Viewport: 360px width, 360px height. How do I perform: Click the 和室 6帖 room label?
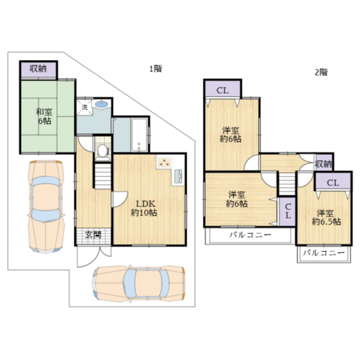pyautogui.click(x=44, y=116)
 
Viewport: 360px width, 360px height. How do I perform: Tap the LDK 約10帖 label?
pyautogui.click(x=144, y=208)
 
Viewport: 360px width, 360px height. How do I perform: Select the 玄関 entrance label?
pyautogui.click(x=93, y=235)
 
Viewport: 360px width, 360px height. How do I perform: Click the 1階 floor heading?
pyautogui.click(x=155, y=68)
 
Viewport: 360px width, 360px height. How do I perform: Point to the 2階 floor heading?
pyautogui.click(x=321, y=73)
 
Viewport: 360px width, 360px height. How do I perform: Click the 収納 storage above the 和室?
pyautogui.click(x=38, y=70)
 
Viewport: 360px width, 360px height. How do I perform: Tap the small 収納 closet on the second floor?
pyautogui.click(x=323, y=164)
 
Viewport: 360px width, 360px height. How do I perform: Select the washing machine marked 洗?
pyautogui.click(x=85, y=107)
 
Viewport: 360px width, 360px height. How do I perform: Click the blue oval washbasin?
pyautogui.click(x=101, y=104)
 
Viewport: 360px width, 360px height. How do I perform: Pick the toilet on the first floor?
pyautogui.click(x=103, y=152)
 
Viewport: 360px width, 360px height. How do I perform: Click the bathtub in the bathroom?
pyautogui.click(x=139, y=135)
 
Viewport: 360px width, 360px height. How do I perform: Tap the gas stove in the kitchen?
pyautogui.click(x=164, y=163)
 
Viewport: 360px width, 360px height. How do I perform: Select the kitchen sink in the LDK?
pyautogui.click(x=178, y=176)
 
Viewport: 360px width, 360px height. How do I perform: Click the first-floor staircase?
pyautogui.click(x=103, y=176)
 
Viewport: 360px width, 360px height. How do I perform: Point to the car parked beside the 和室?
pyautogui.click(x=46, y=206)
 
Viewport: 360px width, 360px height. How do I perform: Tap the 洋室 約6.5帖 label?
pyautogui.click(x=326, y=217)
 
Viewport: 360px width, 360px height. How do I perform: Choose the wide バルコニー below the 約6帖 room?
pyautogui.click(x=250, y=236)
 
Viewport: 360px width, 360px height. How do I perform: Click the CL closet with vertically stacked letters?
pyautogui.click(x=287, y=211)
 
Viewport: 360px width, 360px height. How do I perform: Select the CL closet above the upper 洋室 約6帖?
pyautogui.click(x=223, y=89)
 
